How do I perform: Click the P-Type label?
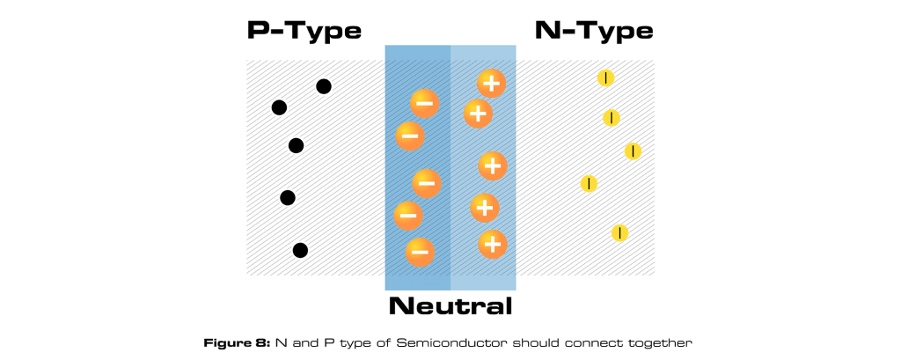tap(304, 32)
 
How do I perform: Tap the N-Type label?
tap(594, 32)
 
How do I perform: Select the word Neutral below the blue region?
tap(450, 307)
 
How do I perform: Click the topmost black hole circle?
tap(324, 86)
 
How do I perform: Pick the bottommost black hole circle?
tap(300, 251)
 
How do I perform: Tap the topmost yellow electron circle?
tap(605, 78)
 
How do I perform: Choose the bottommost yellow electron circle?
tap(619, 232)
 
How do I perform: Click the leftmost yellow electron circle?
tap(589, 184)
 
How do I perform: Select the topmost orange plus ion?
tap(491, 84)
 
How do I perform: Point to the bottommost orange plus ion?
tap(492, 244)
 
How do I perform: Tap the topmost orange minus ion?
tap(424, 104)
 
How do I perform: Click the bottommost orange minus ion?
tap(420, 252)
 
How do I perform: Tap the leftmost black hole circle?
tap(279, 108)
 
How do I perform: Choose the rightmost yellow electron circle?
tap(633, 151)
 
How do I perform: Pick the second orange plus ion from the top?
tap(477, 113)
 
